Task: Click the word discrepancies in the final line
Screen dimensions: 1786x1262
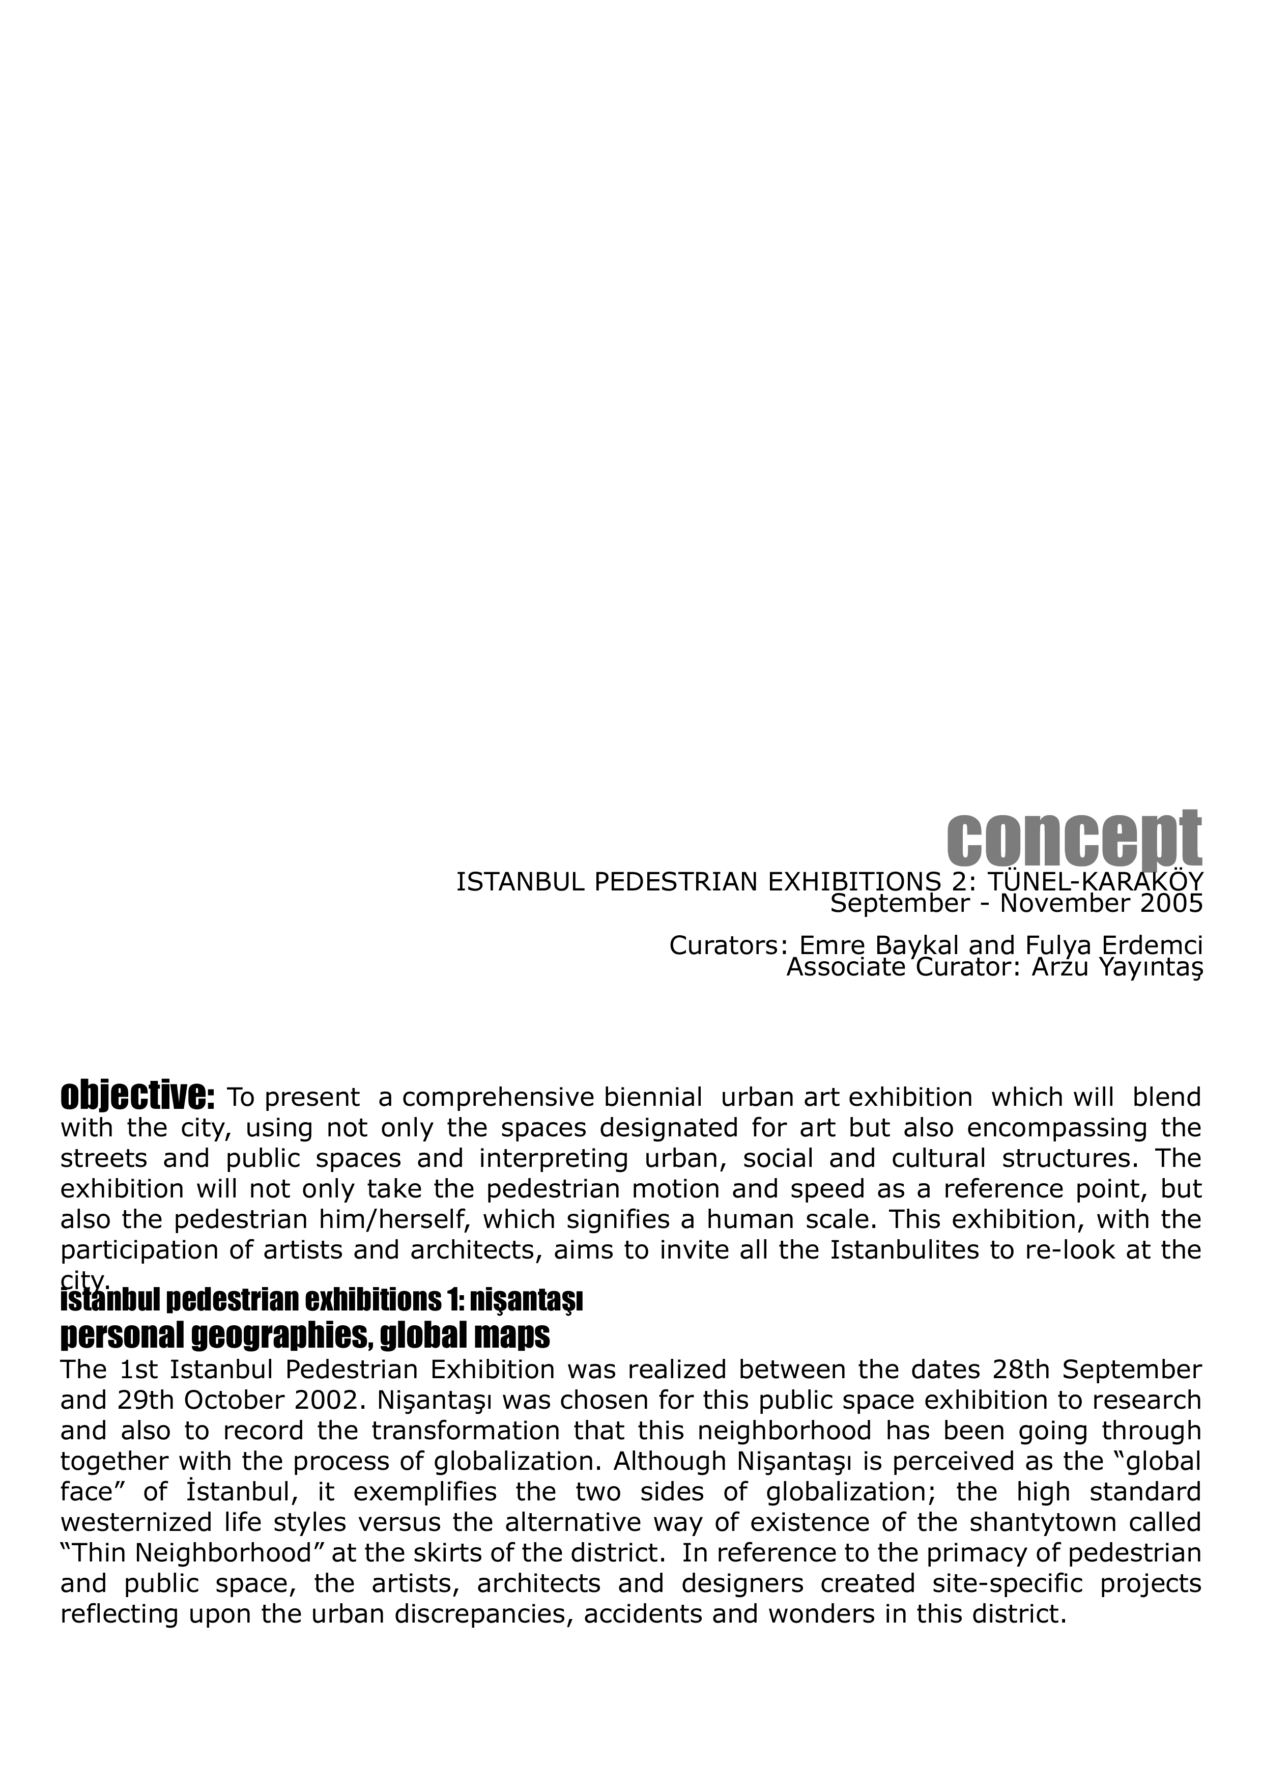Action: [480, 1613]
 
